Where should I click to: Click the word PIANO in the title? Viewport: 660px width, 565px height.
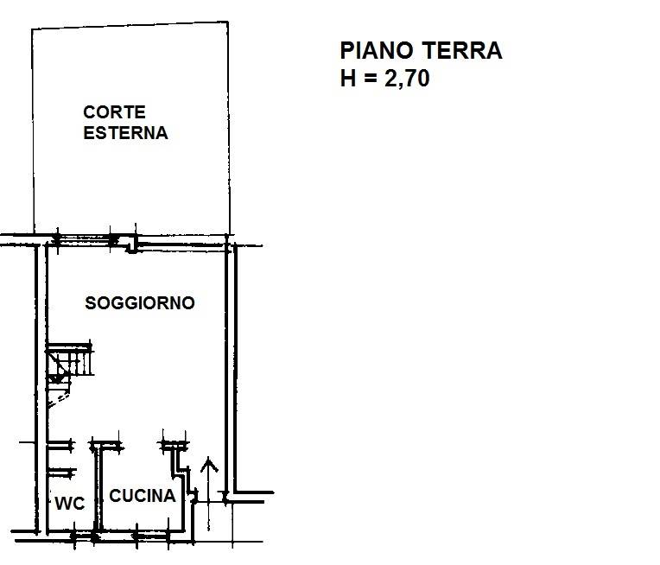[x=377, y=50]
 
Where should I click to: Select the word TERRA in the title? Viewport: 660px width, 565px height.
[x=462, y=50]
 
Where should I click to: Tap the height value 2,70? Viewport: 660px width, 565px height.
[x=407, y=79]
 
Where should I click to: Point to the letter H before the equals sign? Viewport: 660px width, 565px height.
[x=348, y=79]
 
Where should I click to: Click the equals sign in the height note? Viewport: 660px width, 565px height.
[x=371, y=79]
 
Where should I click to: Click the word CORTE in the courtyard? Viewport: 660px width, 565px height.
[x=115, y=112]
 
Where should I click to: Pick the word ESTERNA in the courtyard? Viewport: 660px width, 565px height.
[x=125, y=133]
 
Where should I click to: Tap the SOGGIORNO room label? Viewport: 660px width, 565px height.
[x=140, y=303]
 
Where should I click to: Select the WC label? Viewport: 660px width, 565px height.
[x=70, y=503]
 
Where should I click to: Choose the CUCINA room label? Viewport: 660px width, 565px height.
[x=143, y=496]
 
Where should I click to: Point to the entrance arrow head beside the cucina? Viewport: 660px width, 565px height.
[x=209, y=465]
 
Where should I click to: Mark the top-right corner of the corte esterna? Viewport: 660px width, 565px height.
[x=228, y=22]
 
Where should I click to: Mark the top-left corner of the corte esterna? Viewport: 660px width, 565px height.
[x=33, y=29]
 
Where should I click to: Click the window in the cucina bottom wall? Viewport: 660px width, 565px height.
[x=152, y=536]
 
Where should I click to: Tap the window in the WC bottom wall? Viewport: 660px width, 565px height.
[x=84, y=536]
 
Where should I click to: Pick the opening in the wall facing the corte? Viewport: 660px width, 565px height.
[x=84, y=240]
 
